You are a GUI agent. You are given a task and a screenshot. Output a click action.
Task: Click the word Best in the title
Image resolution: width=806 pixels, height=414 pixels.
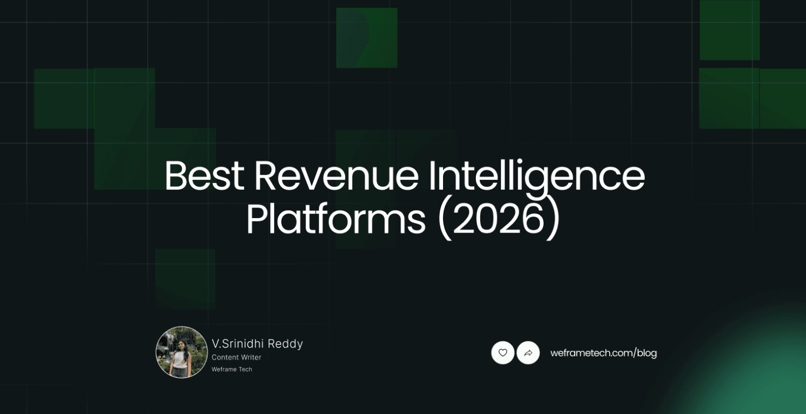[203, 176]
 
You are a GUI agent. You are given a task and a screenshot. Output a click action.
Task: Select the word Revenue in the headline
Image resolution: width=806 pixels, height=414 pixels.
[336, 176]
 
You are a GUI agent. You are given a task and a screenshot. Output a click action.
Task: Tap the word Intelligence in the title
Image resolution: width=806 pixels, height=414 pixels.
[536, 176]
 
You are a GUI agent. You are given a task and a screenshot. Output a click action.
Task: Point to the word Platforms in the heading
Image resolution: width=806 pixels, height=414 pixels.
[335, 220]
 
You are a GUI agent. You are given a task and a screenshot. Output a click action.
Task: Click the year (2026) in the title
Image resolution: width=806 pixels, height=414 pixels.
[499, 220]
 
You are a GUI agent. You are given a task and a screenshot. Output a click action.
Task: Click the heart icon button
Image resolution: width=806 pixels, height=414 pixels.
[502, 352]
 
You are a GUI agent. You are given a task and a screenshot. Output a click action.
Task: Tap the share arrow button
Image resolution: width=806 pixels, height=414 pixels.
[528, 352]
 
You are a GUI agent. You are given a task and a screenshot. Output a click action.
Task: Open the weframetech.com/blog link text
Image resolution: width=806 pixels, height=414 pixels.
[603, 353]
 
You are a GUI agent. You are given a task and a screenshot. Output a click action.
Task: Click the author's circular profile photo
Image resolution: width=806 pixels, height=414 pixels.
[181, 352]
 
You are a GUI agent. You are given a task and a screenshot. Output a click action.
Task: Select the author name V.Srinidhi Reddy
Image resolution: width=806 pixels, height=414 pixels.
[257, 344]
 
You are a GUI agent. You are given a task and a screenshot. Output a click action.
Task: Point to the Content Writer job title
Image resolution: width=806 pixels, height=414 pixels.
[236, 357]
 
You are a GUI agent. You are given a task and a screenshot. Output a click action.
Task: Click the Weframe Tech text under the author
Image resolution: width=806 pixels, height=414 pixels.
[232, 369]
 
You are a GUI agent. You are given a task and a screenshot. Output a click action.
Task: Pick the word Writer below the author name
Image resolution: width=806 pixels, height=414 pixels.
[251, 357]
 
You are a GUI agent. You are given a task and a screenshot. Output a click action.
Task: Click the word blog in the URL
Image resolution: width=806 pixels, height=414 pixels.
[647, 353]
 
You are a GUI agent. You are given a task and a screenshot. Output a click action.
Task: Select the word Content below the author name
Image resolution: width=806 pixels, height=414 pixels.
[225, 357]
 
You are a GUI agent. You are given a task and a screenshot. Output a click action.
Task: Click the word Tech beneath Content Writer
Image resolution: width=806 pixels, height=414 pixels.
[245, 369]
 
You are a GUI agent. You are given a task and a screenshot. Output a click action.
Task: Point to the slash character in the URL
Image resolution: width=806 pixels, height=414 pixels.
[634, 353]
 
